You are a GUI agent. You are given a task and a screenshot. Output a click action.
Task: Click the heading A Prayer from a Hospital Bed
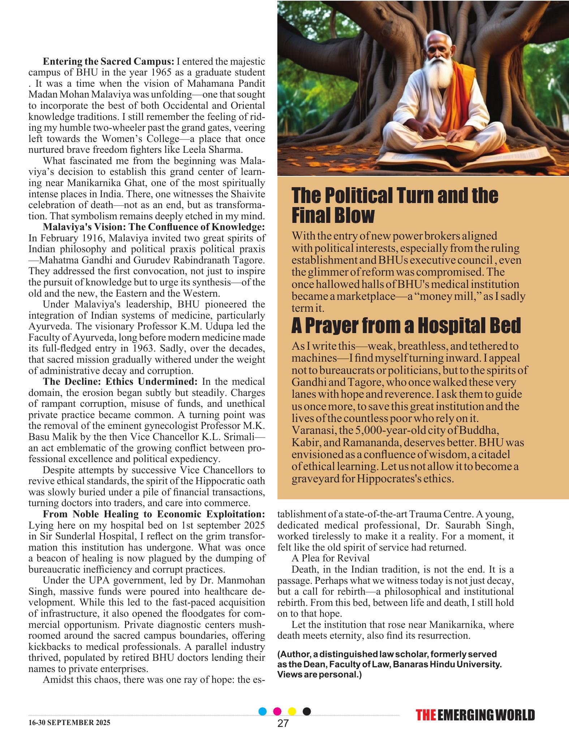click(x=406, y=326)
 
